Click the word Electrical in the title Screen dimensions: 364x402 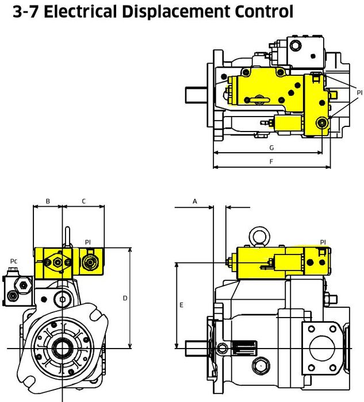point(81,11)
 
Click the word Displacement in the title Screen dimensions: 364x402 point(176,12)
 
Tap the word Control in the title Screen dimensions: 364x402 point(264,11)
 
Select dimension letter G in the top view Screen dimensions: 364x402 point(271,148)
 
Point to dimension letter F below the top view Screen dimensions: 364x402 point(271,161)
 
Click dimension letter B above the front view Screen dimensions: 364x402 point(48,201)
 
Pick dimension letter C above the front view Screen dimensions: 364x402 point(84,201)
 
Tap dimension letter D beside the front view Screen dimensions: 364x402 point(125,298)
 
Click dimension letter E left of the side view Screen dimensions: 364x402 point(181,305)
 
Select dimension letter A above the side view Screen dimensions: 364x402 point(195,201)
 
